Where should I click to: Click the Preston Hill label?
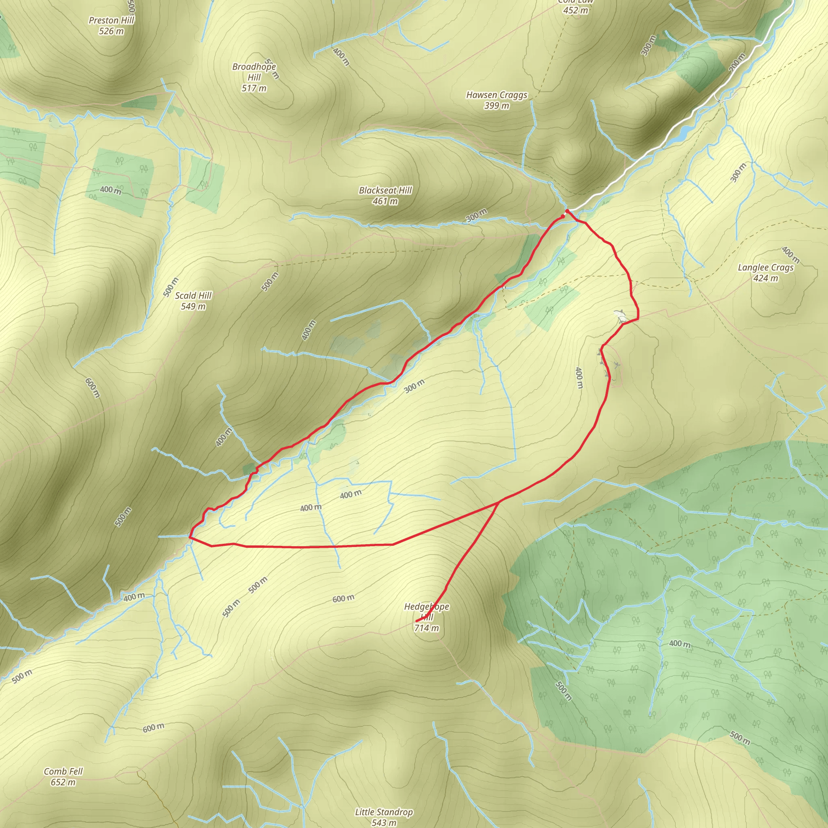point(112,20)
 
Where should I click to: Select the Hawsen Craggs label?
point(497,95)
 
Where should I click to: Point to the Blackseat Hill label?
point(385,190)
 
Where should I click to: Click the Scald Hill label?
point(193,295)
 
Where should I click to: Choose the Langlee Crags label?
point(766,267)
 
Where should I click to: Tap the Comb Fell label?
point(63,771)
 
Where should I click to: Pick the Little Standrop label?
point(384,812)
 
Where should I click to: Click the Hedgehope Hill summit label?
point(427,612)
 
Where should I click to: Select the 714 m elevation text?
point(427,628)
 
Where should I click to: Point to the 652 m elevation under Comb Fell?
point(63,782)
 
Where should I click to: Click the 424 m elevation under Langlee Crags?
point(766,279)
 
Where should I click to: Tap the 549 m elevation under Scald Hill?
point(193,306)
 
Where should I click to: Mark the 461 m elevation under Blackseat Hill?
point(385,201)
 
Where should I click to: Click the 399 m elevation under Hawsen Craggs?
point(497,106)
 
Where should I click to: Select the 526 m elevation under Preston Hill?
point(112,31)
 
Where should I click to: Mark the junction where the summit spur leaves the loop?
point(498,501)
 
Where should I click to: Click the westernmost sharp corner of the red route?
point(190,536)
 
